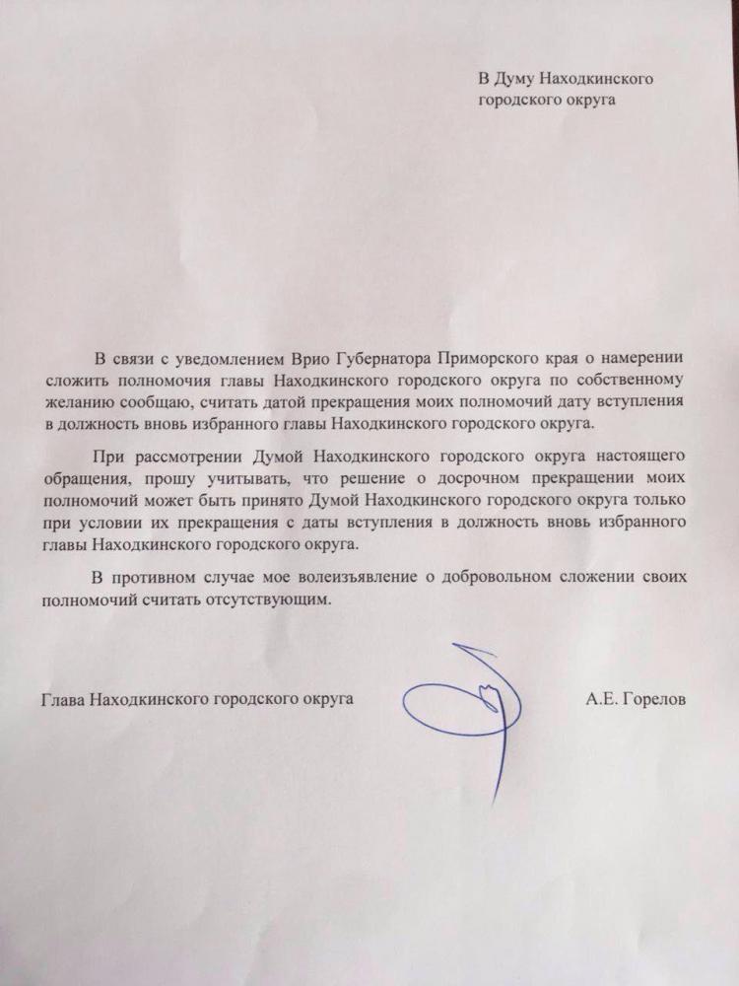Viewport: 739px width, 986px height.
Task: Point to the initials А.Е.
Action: (601, 699)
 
